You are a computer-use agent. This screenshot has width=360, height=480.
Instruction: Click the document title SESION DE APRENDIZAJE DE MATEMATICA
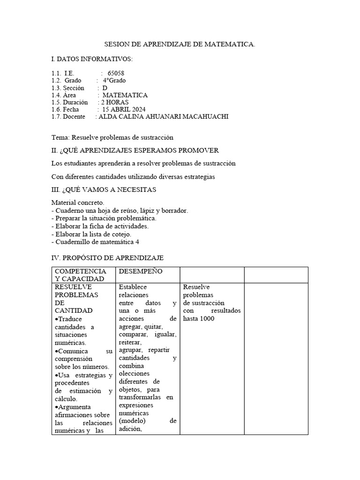[180, 45]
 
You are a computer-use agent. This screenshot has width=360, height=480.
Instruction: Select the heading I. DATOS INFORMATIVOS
[92, 59]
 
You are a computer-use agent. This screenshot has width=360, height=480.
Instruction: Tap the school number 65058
[116, 74]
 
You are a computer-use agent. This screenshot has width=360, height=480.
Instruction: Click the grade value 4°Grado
[114, 81]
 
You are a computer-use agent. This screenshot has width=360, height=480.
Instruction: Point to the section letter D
[105, 88]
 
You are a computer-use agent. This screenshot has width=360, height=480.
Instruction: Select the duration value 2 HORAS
[115, 102]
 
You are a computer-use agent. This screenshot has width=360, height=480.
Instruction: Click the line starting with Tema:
[112, 137]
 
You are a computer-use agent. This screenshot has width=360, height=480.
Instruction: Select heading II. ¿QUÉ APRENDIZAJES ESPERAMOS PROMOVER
[135, 150]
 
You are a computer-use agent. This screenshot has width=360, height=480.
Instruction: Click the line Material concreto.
[78, 202]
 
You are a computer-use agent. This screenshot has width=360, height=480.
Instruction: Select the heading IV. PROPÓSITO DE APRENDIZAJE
[107, 258]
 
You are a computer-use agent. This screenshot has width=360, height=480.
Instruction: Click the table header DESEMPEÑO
[141, 271]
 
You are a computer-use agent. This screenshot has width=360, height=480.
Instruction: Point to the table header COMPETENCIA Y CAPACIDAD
[81, 275]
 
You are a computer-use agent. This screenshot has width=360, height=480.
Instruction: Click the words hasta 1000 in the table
[199, 318]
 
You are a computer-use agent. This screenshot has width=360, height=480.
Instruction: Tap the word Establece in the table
[133, 287]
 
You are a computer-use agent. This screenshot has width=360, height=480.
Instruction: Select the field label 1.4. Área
[64, 95]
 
